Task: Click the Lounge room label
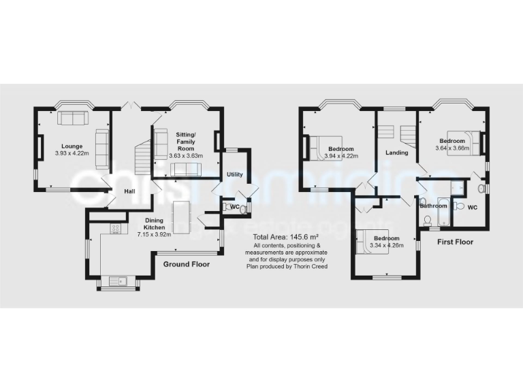click(72, 146)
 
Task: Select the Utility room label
click(235, 175)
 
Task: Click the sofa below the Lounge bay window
click(72, 118)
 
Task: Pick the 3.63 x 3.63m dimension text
click(186, 156)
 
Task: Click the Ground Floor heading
click(185, 264)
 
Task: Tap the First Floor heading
click(456, 242)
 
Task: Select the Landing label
click(397, 152)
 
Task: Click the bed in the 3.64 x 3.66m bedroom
click(464, 142)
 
